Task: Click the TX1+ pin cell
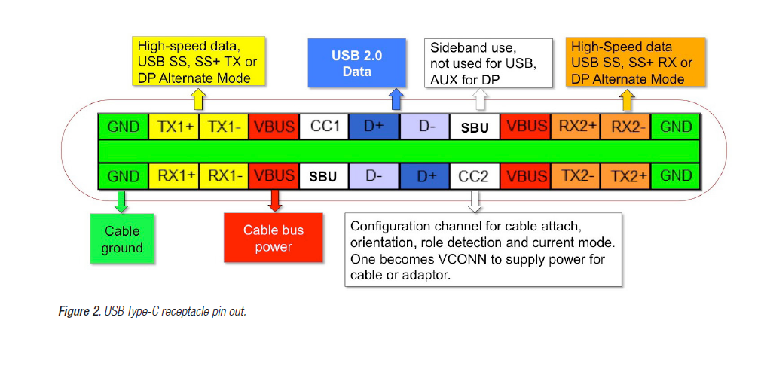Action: [x=173, y=127]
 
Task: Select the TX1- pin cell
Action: [x=223, y=127]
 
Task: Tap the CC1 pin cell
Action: [x=324, y=127]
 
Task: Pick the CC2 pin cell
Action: [x=475, y=176]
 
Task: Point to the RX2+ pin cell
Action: [x=576, y=127]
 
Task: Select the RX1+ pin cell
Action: [x=173, y=176]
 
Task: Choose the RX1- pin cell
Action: [x=223, y=176]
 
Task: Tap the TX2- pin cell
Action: [x=576, y=176]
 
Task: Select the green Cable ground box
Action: [x=122, y=239]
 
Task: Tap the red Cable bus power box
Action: [x=274, y=239]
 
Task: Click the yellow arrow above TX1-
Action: [x=198, y=99]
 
